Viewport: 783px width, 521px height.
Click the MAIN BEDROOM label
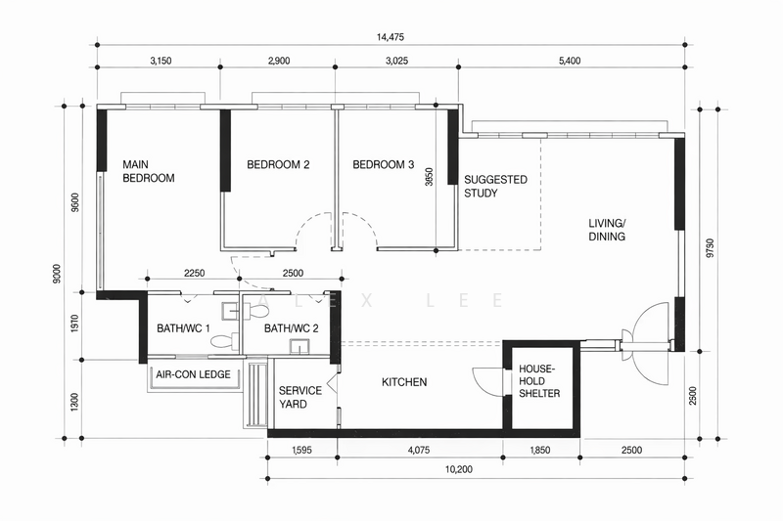click(x=149, y=171)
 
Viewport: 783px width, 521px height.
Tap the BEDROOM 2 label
click(x=278, y=164)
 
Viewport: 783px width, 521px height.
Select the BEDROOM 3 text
click(x=384, y=164)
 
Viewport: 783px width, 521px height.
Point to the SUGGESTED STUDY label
click(x=495, y=186)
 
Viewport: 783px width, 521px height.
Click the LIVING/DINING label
click(x=607, y=230)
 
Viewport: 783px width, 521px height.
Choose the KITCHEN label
click(x=404, y=382)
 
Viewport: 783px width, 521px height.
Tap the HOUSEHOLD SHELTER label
click(x=539, y=381)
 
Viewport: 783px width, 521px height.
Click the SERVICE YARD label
click(x=300, y=398)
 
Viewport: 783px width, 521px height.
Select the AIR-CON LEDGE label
click(x=193, y=374)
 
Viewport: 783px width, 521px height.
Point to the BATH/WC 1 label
click(x=183, y=328)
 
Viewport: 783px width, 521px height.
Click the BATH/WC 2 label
click(x=291, y=328)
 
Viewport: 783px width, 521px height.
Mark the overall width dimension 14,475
click(x=391, y=37)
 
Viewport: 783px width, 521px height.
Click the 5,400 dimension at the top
click(x=570, y=61)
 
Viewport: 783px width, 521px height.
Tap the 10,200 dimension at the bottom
click(x=459, y=469)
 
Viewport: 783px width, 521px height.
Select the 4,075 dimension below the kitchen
click(x=419, y=451)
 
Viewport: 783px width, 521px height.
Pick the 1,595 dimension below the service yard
click(x=301, y=451)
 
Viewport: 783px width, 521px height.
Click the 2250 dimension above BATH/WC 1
click(x=194, y=274)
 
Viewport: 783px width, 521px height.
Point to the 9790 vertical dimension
click(x=711, y=247)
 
